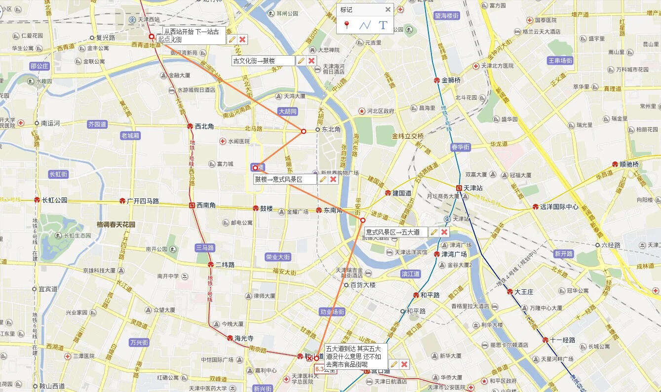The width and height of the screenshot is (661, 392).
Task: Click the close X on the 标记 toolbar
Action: [x=388, y=9]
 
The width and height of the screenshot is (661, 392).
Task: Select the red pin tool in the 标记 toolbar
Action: [x=347, y=25]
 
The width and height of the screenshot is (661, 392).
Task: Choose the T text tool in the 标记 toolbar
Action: [x=383, y=25]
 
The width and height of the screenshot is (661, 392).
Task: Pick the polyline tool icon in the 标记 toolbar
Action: [x=365, y=25]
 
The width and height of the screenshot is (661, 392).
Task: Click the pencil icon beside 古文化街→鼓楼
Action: [x=301, y=61]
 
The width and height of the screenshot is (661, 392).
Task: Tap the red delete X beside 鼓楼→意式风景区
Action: [x=333, y=179]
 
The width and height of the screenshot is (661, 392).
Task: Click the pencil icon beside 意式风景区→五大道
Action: [x=434, y=232]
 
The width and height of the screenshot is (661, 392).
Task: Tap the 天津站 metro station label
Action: [x=472, y=188]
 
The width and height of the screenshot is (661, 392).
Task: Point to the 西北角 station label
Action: [x=204, y=126]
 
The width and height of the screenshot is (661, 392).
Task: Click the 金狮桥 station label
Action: [x=451, y=80]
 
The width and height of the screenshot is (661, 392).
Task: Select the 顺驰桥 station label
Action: [x=629, y=164]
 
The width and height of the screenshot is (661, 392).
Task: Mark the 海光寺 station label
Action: [x=244, y=338]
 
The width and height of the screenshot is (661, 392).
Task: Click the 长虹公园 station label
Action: [x=54, y=200]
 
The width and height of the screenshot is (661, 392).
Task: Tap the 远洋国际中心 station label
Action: [x=559, y=207]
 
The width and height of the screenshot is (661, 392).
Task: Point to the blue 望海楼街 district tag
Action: [x=447, y=16]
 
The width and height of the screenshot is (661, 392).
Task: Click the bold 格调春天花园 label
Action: [x=116, y=224]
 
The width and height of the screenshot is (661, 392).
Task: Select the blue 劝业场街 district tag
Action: [x=332, y=312]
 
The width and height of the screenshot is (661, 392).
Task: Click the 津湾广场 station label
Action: [x=454, y=254]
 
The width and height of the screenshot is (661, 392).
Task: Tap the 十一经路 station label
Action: [x=562, y=340]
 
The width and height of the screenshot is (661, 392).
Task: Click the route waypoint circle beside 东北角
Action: [x=304, y=131]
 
